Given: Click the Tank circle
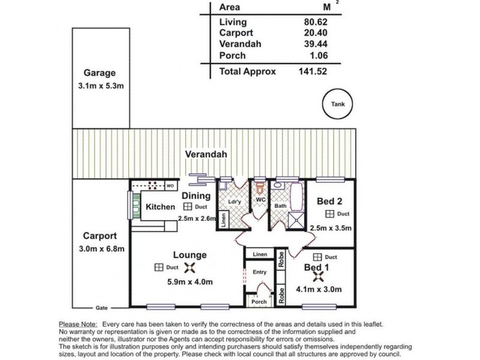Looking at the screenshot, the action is point(338,89).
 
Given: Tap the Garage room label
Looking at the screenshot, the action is point(100,73).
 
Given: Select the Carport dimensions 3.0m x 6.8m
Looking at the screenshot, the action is point(101,249).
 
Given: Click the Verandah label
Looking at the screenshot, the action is point(206,154).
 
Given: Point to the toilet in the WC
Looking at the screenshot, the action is point(260,188).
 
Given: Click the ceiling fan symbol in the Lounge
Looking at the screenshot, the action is point(190,268).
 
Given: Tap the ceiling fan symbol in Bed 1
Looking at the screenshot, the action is point(319,277).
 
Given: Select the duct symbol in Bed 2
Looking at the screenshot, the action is point(329,214).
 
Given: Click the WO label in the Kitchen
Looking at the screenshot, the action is point(170,186).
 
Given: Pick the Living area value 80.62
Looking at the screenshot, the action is point(316,22).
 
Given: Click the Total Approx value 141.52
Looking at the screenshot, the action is point(313,71).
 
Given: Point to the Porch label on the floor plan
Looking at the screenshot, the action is point(259,302).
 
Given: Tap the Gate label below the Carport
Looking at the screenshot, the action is point(101,308).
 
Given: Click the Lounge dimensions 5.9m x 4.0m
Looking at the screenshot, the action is point(190,281).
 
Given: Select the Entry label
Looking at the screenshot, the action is point(260,272).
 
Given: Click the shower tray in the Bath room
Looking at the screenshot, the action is point(296,220).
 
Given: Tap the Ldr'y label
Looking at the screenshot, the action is point(235,202).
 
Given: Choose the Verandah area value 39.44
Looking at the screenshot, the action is point(316,44).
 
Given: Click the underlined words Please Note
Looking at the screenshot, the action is point(78,325).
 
